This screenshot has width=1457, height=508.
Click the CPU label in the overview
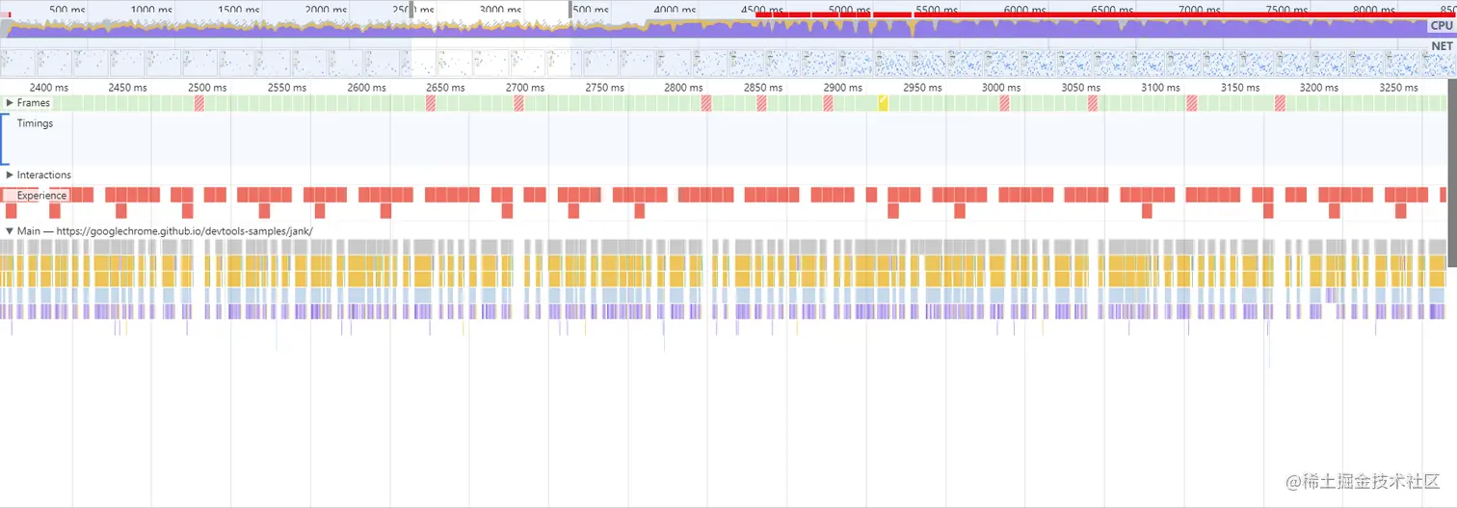click(x=1442, y=26)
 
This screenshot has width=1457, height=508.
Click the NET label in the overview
click(x=1442, y=45)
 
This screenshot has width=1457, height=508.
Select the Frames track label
click(x=34, y=103)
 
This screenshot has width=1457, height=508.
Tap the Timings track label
click(x=35, y=123)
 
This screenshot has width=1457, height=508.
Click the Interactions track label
click(x=44, y=175)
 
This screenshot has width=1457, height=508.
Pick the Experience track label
click(x=42, y=196)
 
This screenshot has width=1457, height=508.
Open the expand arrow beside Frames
click(x=10, y=103)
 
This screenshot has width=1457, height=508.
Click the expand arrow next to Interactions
click(x=10, y=175)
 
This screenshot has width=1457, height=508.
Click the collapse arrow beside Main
click(x=10, y=231)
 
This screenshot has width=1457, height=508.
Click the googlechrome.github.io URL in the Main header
click(x=184, y=231)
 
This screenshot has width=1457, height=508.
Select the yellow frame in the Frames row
click(x=883, y=103)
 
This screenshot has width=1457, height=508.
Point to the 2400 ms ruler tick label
click(x=48, y=88)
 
